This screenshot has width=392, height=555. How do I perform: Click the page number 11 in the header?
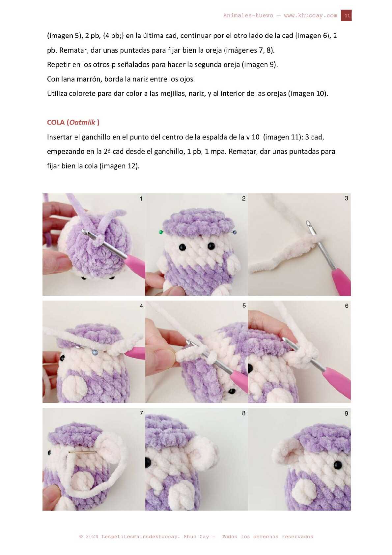tap(347, 15)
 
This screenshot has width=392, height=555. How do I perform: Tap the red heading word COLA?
tap(56, 122)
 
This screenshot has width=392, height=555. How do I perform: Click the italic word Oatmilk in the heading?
tap(82, 122)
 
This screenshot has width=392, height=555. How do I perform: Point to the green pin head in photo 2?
tap(161, 232)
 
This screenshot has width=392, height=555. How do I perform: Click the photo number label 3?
tap(346, 198)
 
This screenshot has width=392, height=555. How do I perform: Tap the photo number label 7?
tap(141, 413)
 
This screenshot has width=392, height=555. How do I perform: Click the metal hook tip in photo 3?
tap(308, 223)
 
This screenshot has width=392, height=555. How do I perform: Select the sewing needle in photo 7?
tap(82, 452)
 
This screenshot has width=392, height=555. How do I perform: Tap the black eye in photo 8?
tap(148, 462)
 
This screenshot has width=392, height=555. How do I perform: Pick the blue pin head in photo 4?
tap(94, 352)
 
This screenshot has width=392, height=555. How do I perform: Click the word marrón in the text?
tap(89, 79)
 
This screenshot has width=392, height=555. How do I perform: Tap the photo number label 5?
tap(244, 306)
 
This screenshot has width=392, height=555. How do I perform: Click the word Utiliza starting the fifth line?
tap(57, 94)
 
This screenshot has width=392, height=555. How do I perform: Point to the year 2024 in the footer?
tap(92, 537)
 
